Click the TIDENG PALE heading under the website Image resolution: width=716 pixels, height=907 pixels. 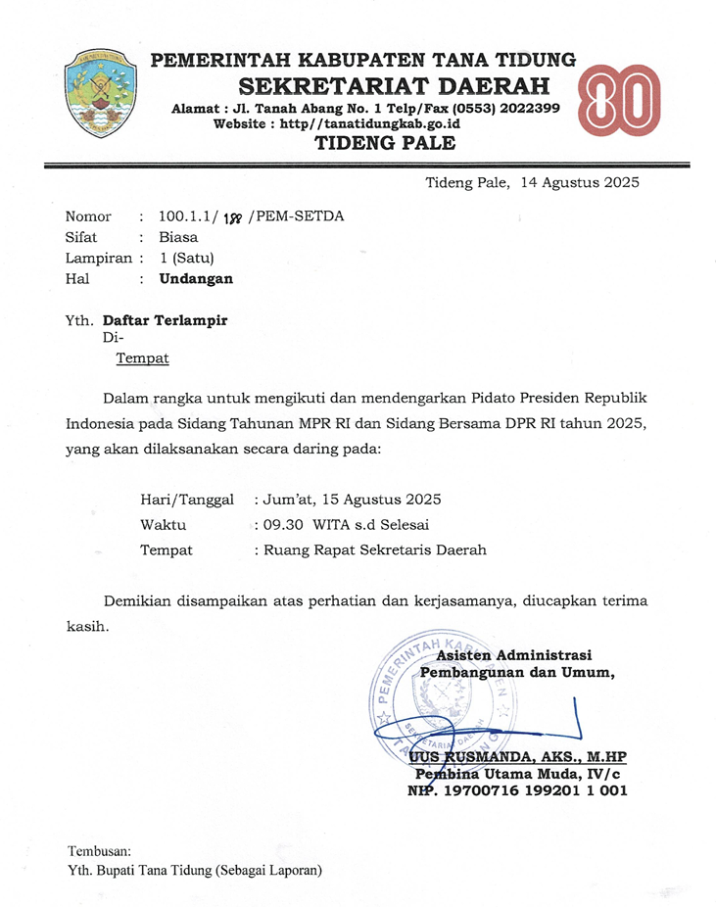pyautogui.click(x=384, y=144)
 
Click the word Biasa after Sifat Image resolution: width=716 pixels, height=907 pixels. pyautogui.click(x=178, y=237)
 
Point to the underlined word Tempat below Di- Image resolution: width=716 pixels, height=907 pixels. pyautogui.click(x=143, y=358)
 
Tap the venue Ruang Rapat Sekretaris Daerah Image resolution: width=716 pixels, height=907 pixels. pyautogui.click(x=373, y=550)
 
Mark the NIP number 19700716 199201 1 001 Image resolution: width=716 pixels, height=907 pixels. pyautogui.click(x=534, y=791)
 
